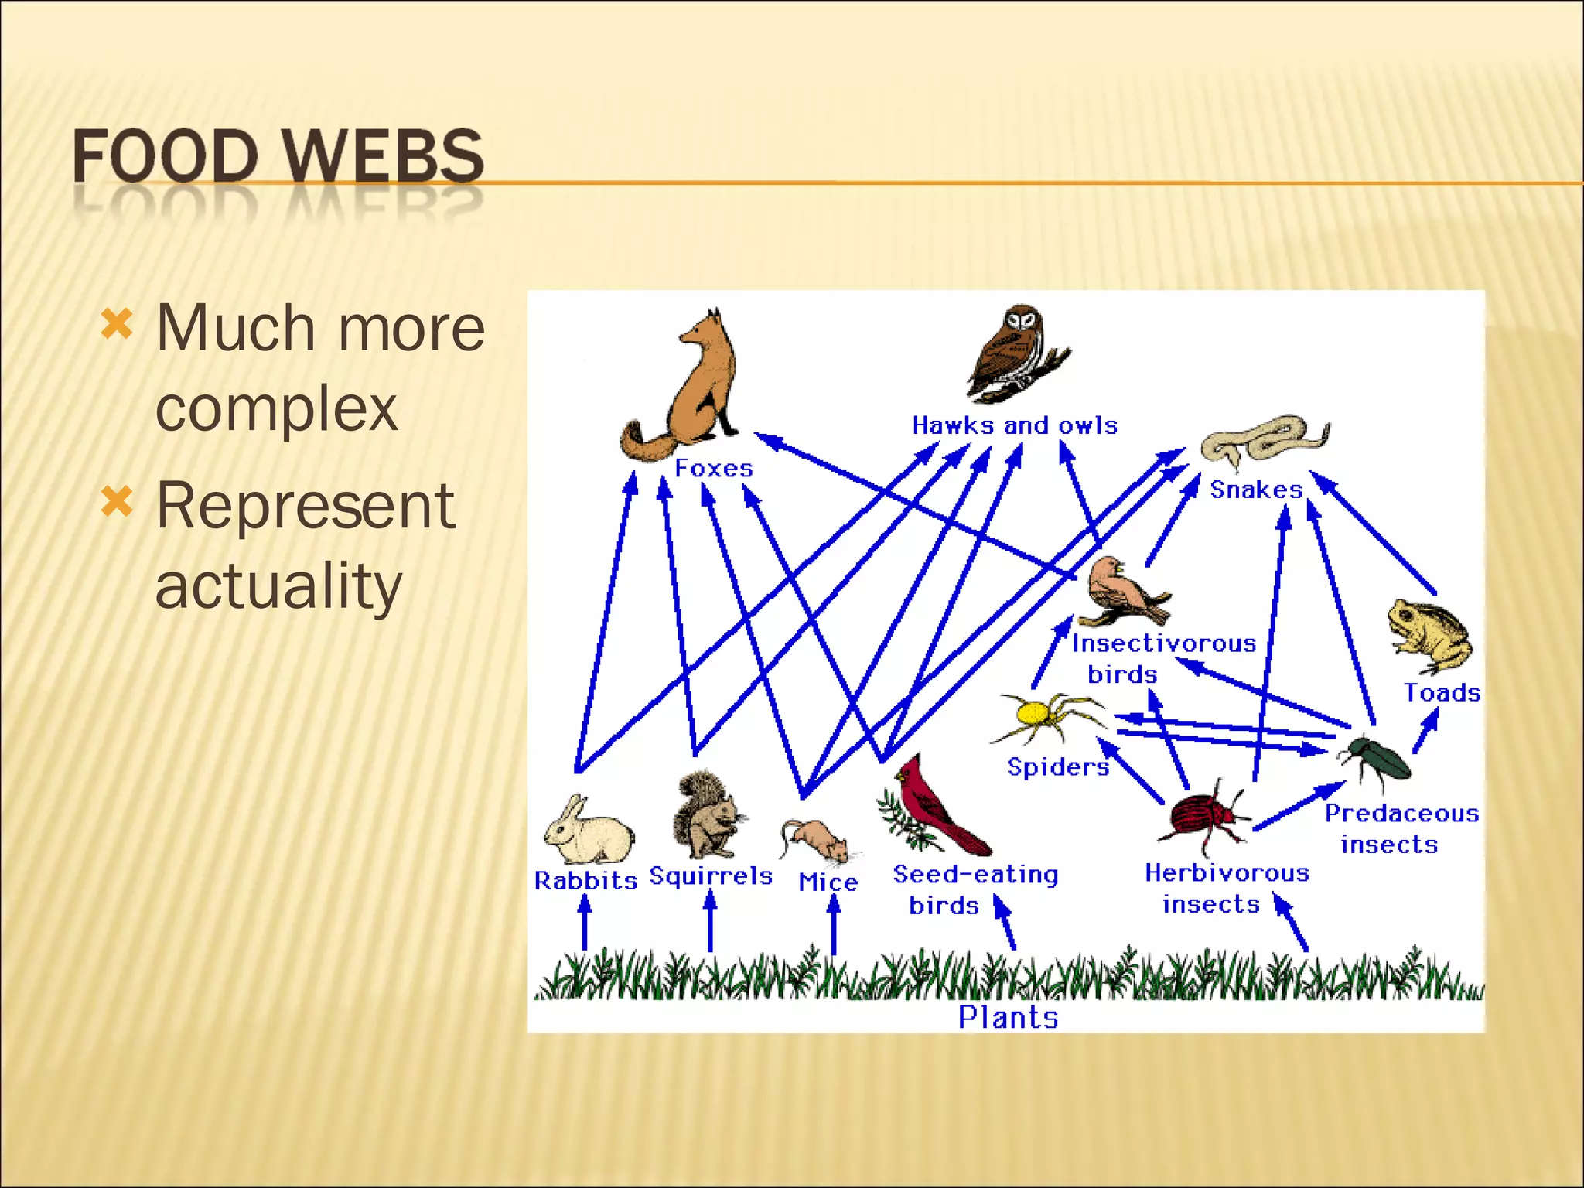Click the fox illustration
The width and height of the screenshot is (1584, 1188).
692,387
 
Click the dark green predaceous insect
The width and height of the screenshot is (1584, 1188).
1381,758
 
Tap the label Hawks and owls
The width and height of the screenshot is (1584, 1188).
1015,425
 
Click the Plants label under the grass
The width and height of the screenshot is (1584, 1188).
1008,1017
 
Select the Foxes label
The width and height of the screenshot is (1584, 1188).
713,468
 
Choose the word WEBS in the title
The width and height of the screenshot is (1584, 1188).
383,156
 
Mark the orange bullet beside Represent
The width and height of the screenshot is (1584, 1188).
118,501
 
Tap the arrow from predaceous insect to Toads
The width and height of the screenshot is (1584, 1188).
1425,730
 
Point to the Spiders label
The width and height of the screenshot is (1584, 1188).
1057,766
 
